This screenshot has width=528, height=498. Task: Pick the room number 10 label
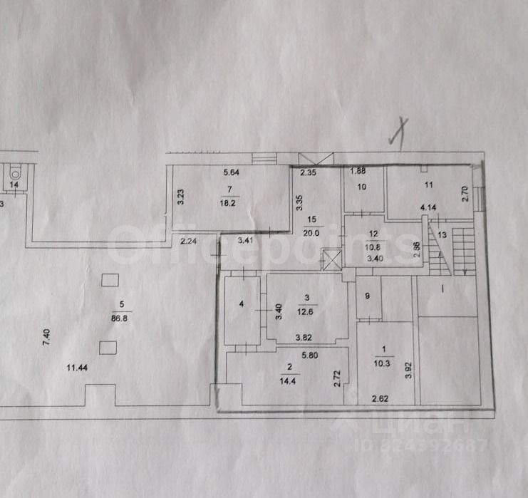coord(362,187)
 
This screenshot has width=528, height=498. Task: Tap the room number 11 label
coord(428,185)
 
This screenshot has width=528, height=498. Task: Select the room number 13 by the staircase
coord(442,234)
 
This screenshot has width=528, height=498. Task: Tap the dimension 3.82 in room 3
coord(306,338)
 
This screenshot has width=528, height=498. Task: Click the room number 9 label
coord(368,295)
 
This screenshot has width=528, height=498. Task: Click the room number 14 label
coord(14,185)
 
